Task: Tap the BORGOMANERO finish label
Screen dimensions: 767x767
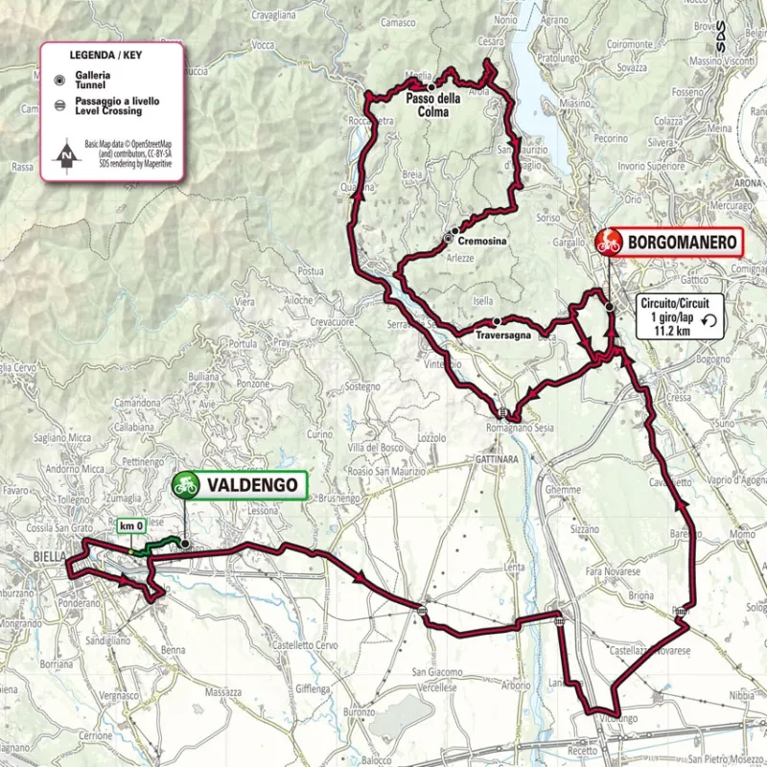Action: (684, 243)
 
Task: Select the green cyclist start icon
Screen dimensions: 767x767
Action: (185, 486)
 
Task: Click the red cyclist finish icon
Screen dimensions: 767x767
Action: (609, 242)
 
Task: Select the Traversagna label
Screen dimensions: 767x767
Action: (502, 336)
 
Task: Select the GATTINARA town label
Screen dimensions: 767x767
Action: (496, 460)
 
